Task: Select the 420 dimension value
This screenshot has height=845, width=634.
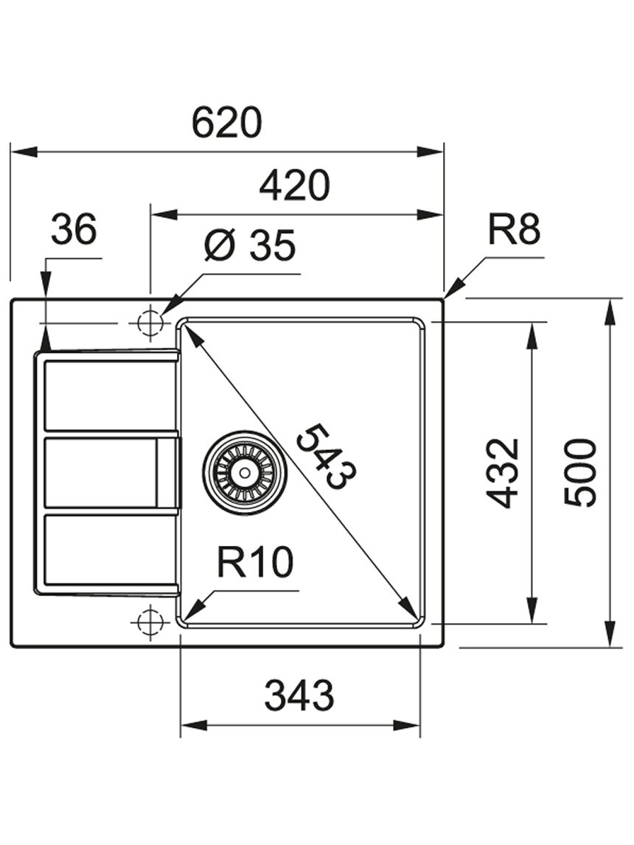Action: [x=294, y=185]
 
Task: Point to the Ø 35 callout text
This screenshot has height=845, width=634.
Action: [x=251, y=245]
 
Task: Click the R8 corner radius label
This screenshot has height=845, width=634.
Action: [x=514, y=229]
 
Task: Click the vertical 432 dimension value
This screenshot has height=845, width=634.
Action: [x=502, y=473]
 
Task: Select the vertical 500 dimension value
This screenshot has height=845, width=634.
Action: [x=580, y=473]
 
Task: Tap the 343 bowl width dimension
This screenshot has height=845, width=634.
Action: [x=299, y=695]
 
